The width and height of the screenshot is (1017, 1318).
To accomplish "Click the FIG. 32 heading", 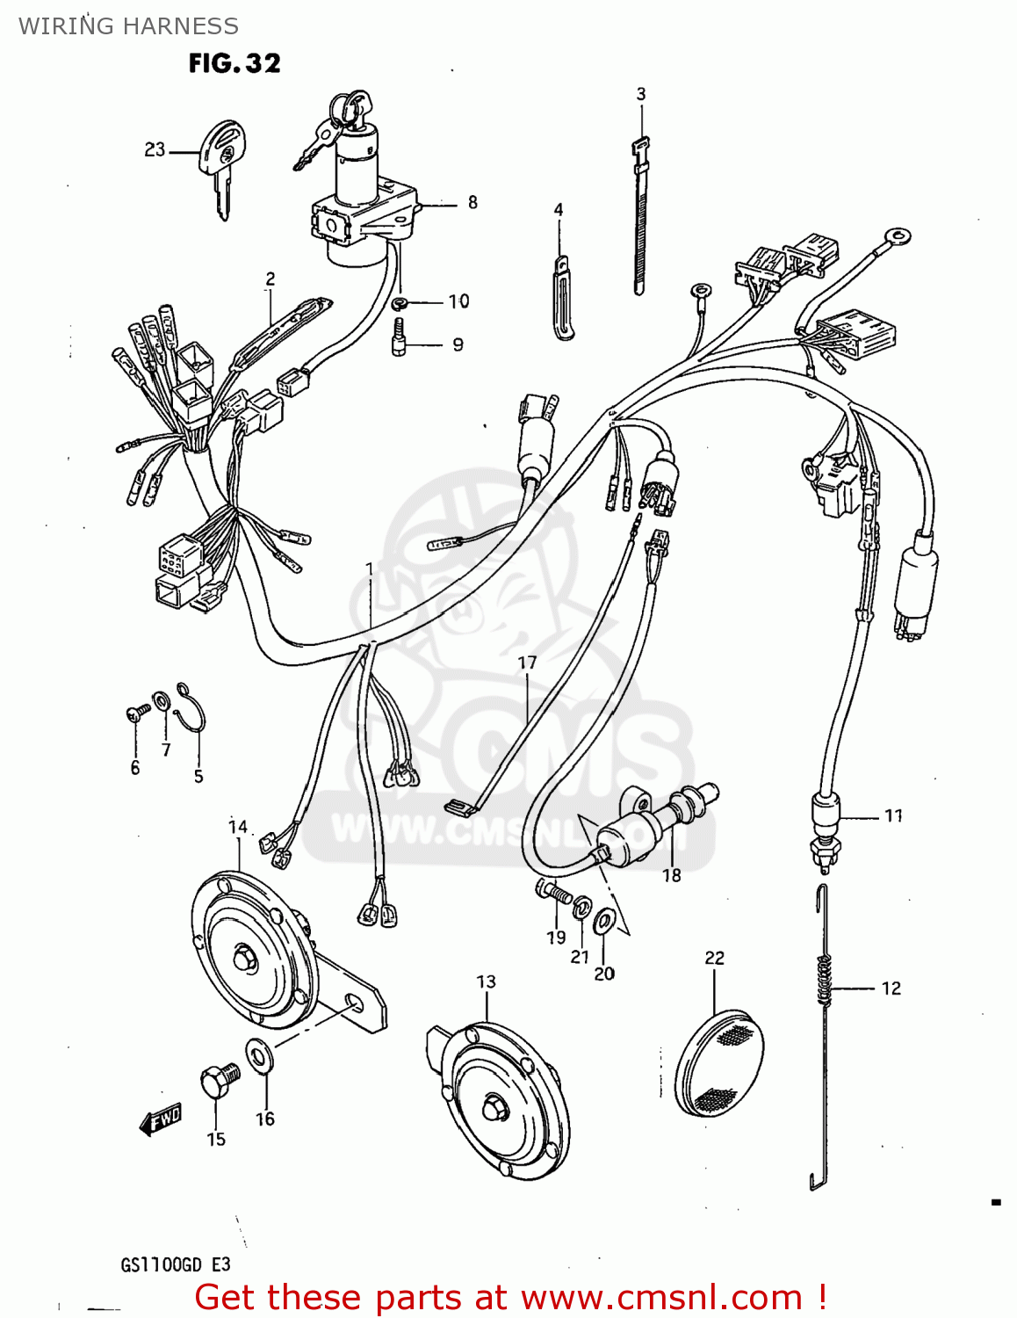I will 234,63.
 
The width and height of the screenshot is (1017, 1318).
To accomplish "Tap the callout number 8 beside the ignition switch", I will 472,203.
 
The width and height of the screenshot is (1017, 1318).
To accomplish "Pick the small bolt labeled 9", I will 400,337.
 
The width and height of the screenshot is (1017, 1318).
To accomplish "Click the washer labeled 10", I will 400,303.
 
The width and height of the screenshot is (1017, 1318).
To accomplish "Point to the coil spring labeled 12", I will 823,980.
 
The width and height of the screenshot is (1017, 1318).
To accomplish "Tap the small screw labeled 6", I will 137,713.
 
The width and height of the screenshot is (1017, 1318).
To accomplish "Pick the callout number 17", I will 527,663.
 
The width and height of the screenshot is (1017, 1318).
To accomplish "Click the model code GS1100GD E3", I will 175,1264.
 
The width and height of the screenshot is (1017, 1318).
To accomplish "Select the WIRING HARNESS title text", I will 128,25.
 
